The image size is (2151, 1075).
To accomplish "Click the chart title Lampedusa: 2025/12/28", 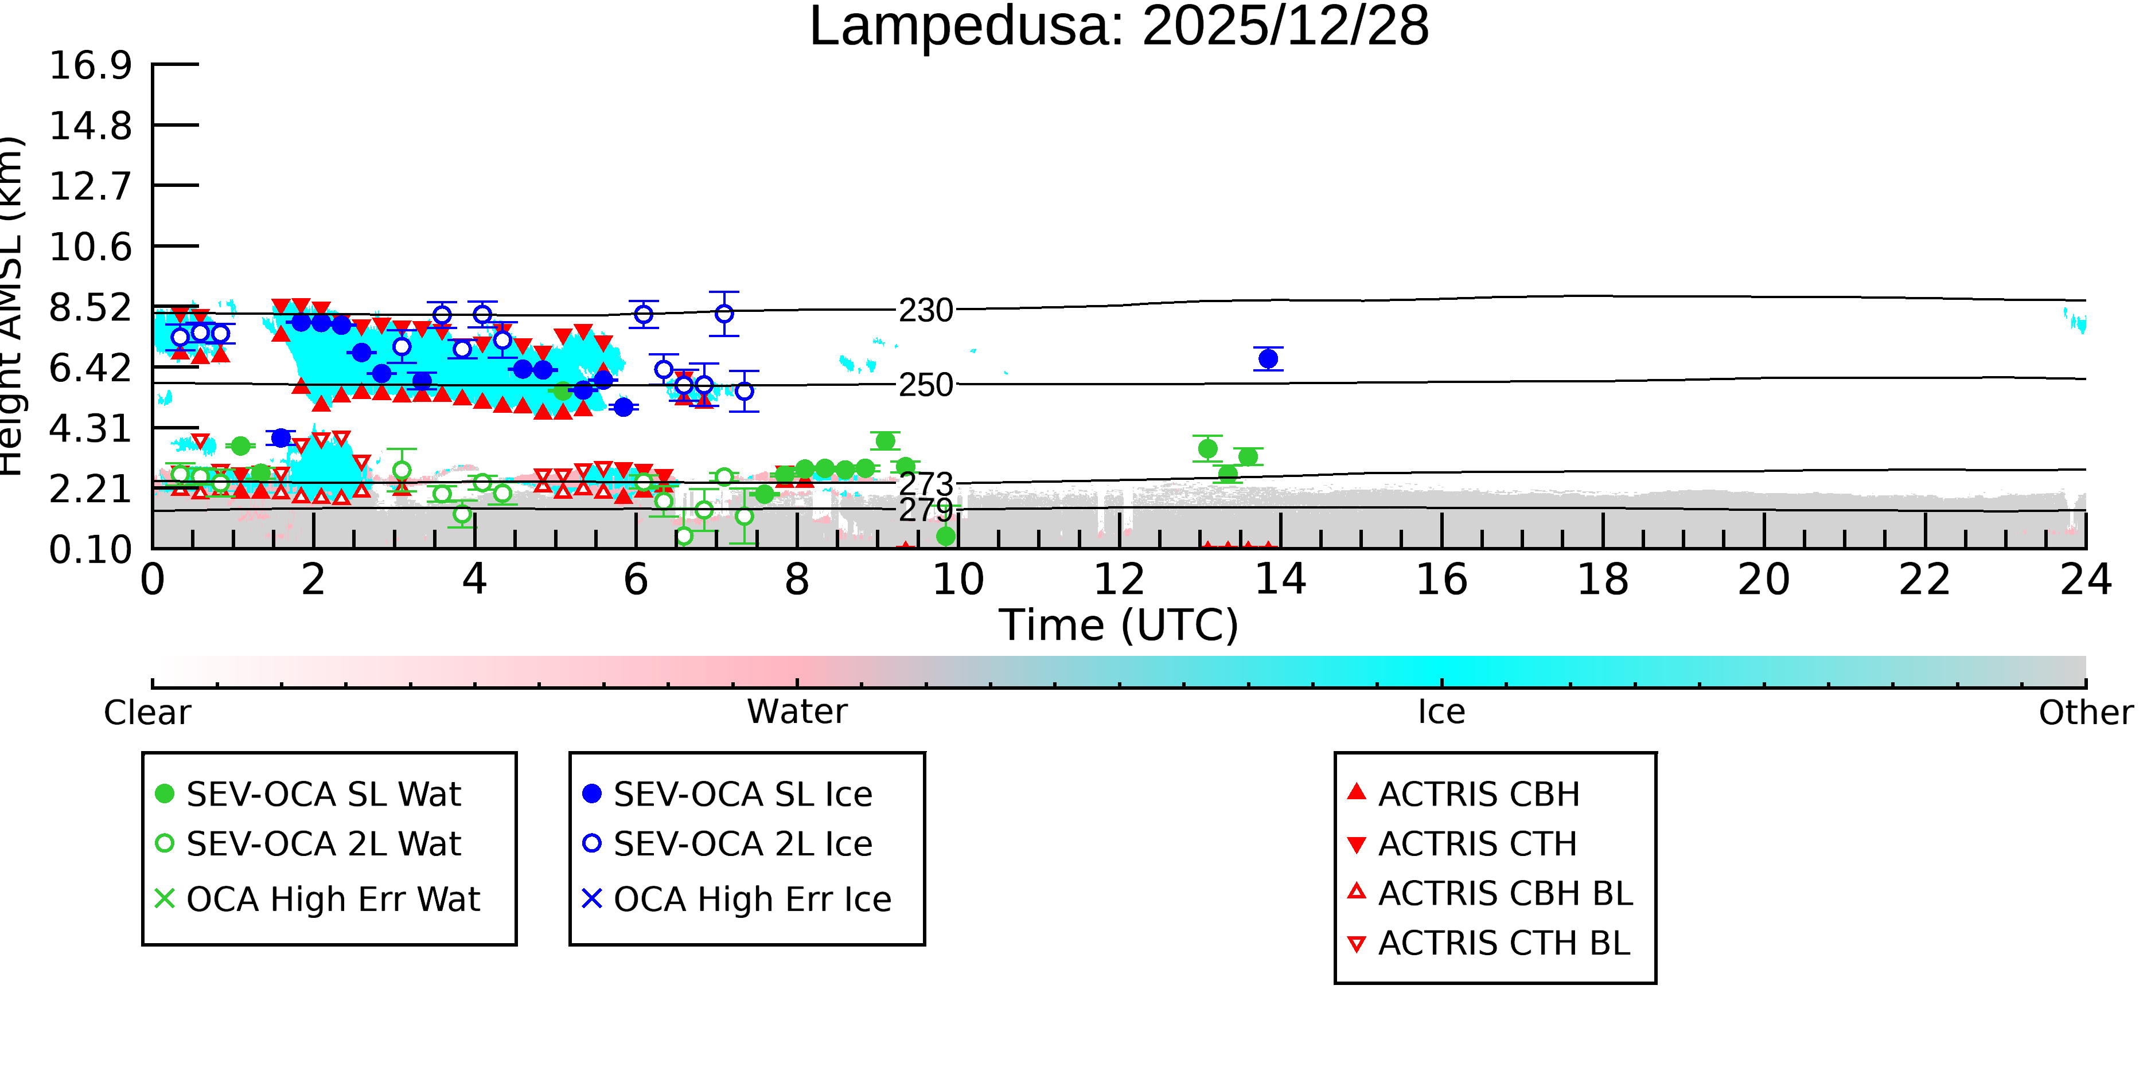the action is point(1119,27).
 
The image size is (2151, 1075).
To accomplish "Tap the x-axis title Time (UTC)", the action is point(1119,625).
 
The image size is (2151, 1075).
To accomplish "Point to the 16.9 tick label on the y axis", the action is point(90,65).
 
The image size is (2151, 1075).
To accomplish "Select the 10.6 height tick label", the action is point(90,247).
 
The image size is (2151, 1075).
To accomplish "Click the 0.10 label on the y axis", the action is point(90,550).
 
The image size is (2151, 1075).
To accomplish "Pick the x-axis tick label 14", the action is point(1280,579).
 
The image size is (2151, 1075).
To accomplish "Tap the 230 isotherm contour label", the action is point(926,311).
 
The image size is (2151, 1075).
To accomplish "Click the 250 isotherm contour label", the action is point(926,385).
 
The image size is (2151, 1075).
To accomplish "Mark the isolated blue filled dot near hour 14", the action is point(1268,359).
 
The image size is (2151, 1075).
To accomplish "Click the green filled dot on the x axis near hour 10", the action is point(945,536).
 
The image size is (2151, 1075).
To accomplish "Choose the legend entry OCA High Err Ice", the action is point(737,899).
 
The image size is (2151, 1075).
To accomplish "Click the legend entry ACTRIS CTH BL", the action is point(1489,943).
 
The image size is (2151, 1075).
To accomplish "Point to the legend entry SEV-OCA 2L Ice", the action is point(727,844).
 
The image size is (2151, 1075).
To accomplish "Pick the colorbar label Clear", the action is point(147,713).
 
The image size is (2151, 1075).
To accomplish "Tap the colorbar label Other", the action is point(2085,713).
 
